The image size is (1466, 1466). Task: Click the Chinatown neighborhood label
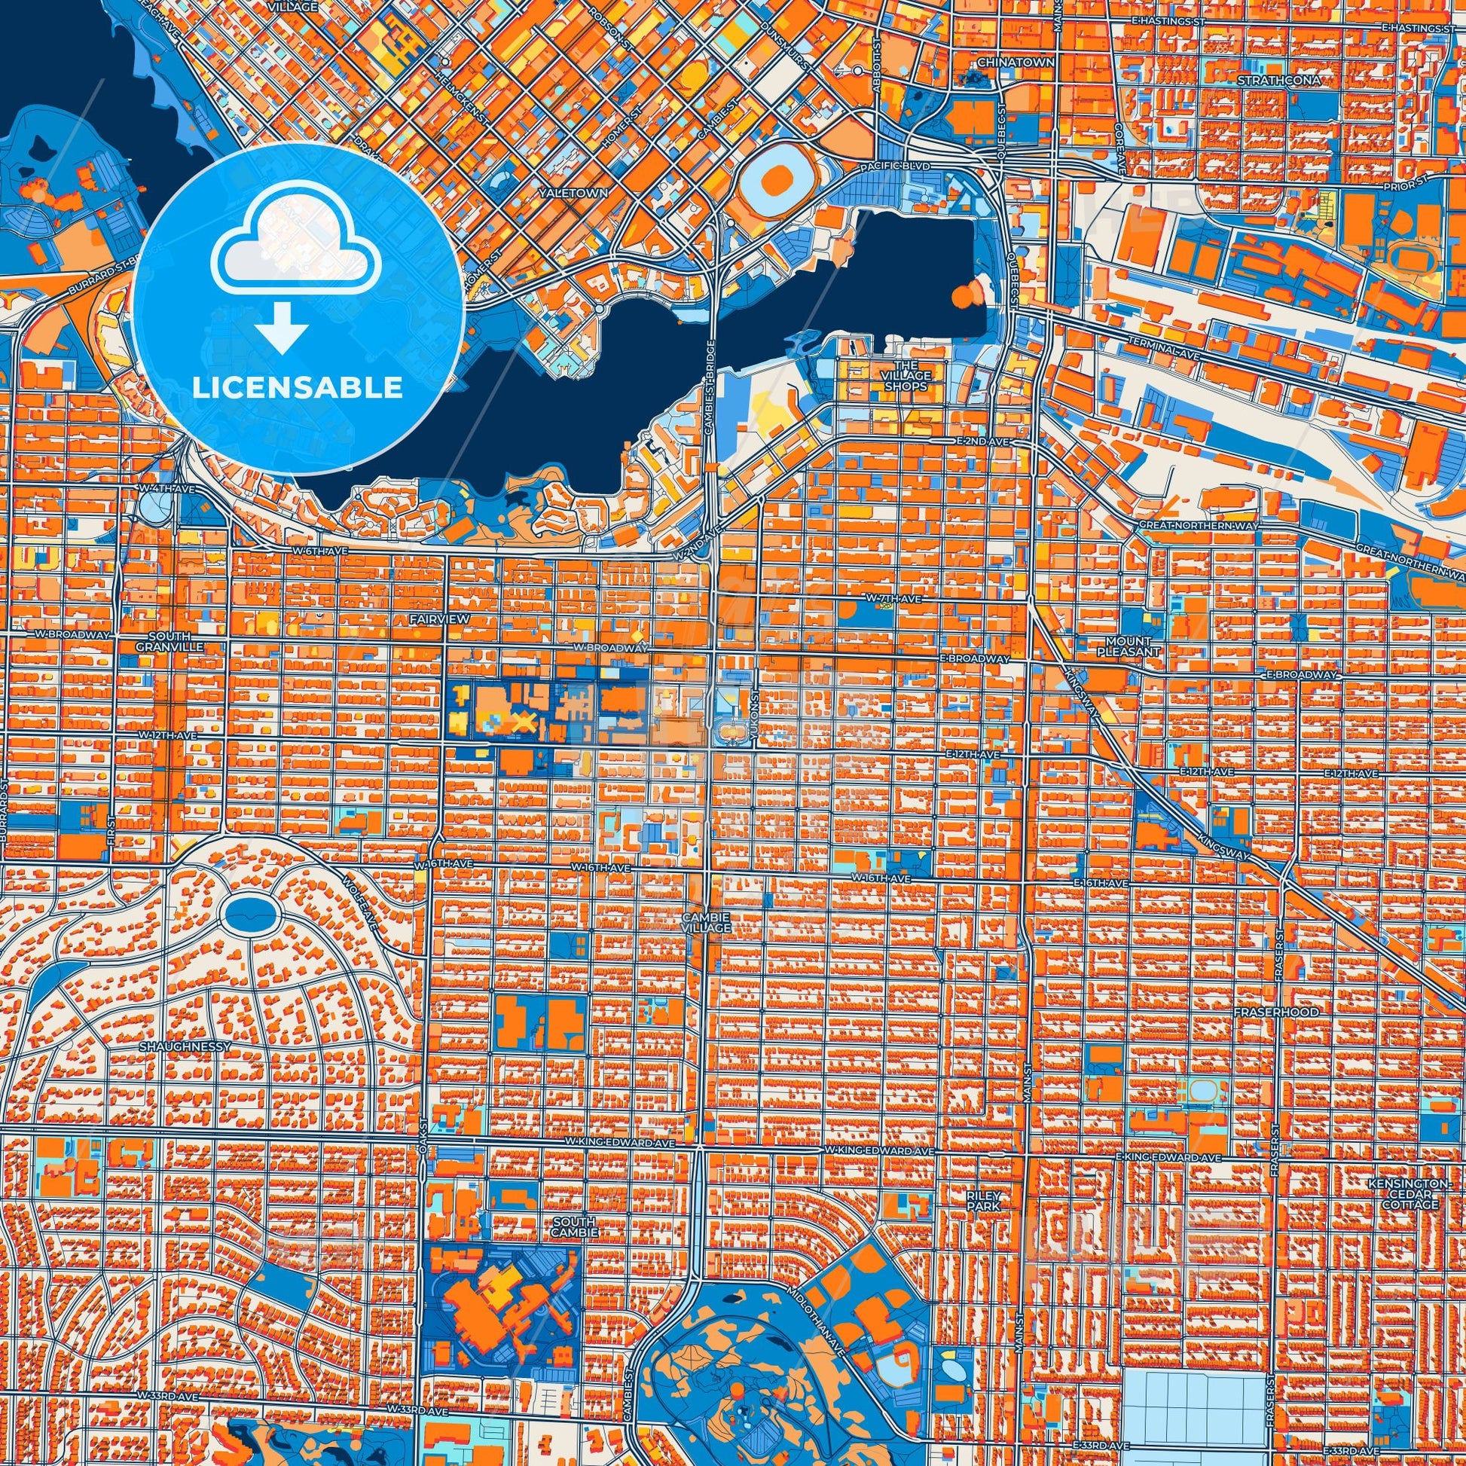1026,63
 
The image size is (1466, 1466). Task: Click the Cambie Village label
706,921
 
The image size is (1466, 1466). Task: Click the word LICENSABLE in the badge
298,387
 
